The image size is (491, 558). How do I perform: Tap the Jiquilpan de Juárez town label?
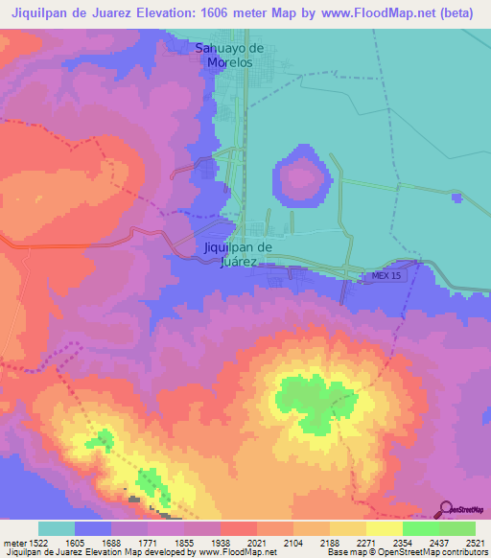point(239,253)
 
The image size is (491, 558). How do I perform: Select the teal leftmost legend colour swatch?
point(57,528)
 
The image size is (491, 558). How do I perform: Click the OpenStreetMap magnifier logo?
point(446,508)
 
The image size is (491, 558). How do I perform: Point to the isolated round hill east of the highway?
point(303,175)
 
